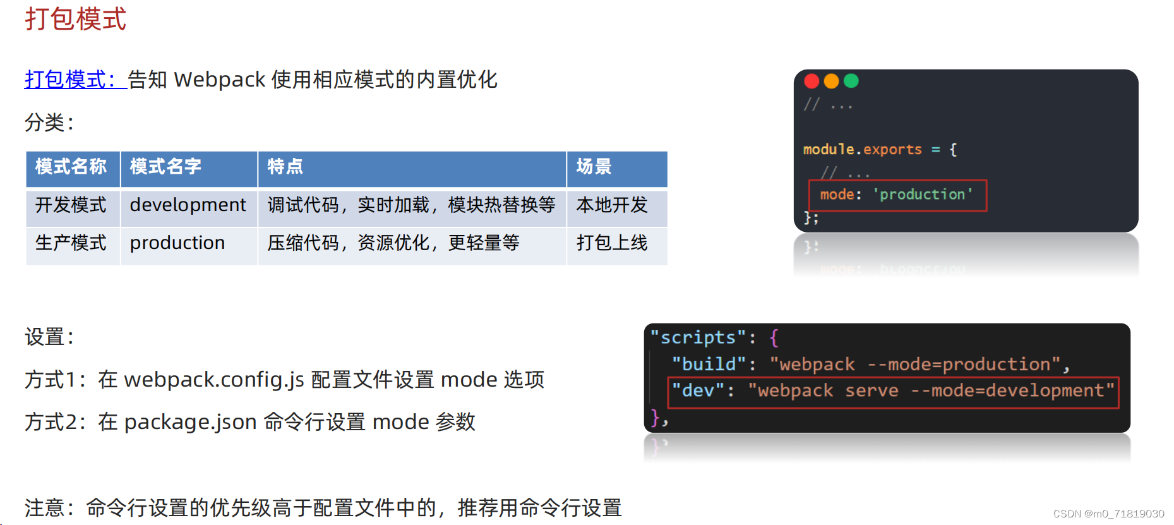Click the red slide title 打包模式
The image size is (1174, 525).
(x=75, y=19)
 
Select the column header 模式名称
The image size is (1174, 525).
(x=71, y=167)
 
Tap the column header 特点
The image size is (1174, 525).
(x=285, y=167)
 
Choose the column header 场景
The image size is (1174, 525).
(x=594, y=167)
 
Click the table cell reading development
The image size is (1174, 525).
(x=188, y=205)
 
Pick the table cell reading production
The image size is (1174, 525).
(x=177, y=243)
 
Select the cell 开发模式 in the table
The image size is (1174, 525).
(x=71, y=205)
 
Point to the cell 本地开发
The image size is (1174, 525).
(x=612, y=205)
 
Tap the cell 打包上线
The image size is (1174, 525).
(x=612, y=243)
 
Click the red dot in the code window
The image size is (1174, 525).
(x=812, y=81)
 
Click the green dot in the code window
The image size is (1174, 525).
(x=851, y=81)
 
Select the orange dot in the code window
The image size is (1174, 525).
(x=831, y=81)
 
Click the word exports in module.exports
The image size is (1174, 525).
(x=892, y=150)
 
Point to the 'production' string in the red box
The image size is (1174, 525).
(x=923, y=195)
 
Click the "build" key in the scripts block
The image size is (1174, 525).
(x=709, y=365)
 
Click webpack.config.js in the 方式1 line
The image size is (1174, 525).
(x=214, y=380)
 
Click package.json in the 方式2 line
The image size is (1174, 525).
(x=190, y=422)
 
